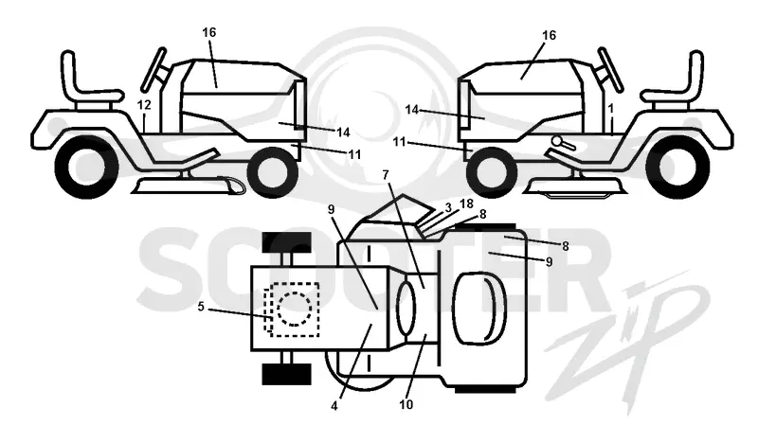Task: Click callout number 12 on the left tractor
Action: pos(144,105)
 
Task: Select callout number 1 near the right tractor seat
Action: pos(611,109)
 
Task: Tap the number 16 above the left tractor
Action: pos(208,32)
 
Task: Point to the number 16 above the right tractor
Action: pos(550,35)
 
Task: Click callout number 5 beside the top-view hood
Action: pos(201,307)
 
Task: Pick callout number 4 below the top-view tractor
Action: pos(334,406)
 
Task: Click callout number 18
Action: pos(466,204)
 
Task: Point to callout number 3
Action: pos(448,207)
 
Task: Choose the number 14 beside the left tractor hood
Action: pos(343,132)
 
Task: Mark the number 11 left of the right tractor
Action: pos(399,142)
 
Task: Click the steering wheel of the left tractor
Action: pos(153,70)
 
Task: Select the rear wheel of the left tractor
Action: pos(87,168)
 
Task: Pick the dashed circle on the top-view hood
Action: pos(295,310)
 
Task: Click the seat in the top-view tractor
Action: pos(478,309)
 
